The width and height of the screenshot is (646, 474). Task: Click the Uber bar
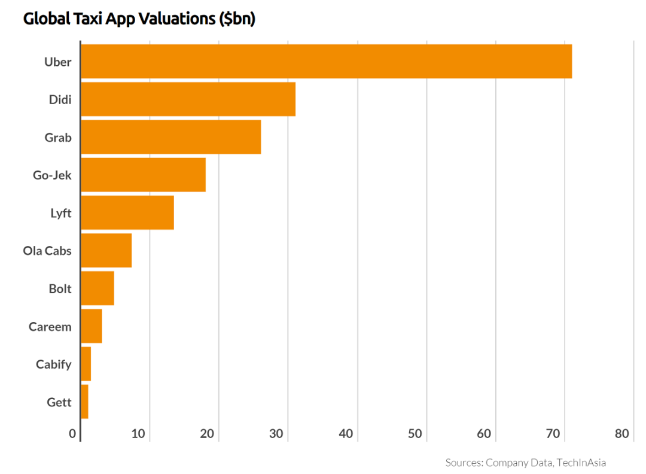326,61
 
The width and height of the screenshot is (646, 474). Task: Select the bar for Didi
188,99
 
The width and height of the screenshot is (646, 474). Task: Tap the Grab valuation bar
170,137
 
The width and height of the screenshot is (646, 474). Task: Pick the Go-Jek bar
143,175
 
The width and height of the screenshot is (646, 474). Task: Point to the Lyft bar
127,212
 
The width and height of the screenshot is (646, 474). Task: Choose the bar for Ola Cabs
106,250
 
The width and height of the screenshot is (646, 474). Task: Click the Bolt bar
97,288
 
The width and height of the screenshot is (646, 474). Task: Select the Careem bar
91,326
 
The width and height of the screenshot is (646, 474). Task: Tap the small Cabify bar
86,364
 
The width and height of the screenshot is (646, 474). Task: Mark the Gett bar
84,402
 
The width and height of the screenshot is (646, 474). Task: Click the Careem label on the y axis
50,327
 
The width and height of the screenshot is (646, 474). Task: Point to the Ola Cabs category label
47,251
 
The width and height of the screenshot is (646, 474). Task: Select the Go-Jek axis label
52,175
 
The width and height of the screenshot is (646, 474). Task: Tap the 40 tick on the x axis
346,434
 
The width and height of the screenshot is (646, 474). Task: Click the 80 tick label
622,434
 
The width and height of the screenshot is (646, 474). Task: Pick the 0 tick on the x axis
73,434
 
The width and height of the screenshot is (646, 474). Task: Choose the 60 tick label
484,434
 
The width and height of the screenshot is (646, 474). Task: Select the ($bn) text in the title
237,19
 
